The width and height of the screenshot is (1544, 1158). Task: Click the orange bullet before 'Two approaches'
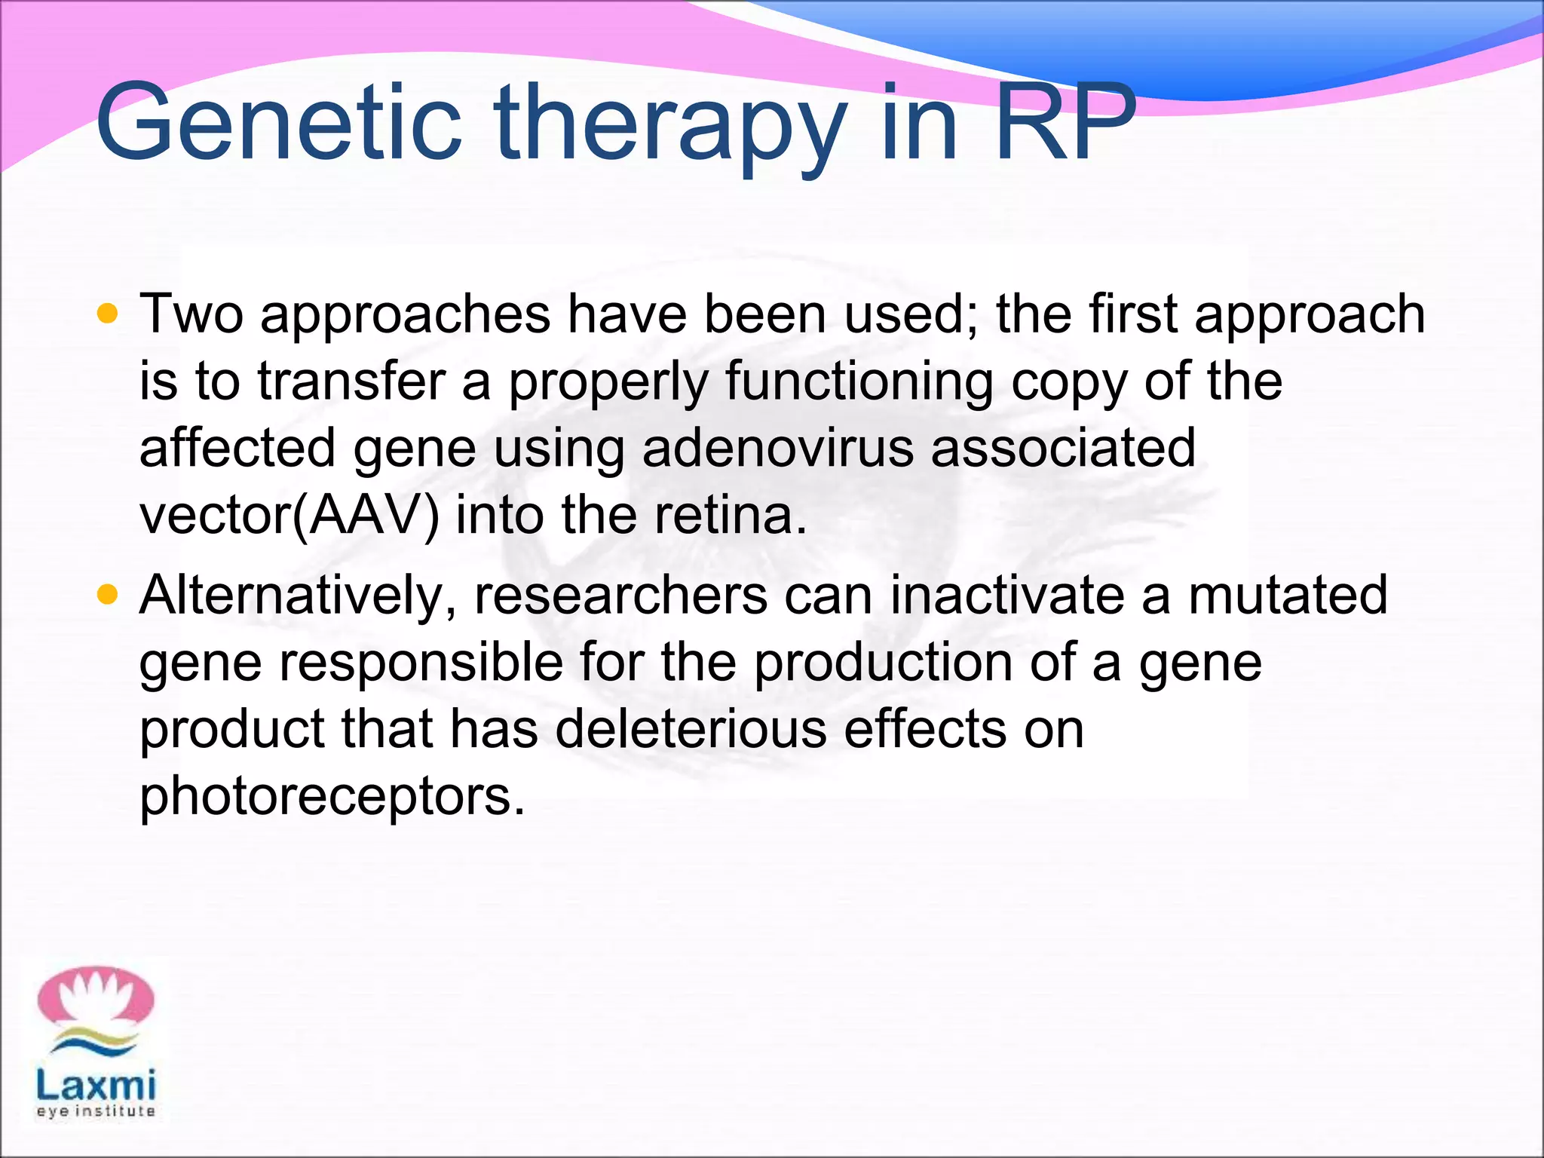[108, 314]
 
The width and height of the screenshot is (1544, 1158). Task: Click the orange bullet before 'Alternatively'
[108, 596]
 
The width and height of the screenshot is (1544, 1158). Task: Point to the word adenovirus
[777, 448]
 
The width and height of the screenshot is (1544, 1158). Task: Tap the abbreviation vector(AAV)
[289, 516]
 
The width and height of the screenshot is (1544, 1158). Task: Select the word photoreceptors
[332, 797]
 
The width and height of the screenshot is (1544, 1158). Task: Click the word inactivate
[1007, 596]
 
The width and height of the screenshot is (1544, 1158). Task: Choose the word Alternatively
[298, 596]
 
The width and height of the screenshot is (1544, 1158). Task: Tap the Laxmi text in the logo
[96, 1086]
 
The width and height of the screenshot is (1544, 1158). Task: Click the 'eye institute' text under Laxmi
[96, 1111]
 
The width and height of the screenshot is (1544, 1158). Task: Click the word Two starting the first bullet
[191, 314]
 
